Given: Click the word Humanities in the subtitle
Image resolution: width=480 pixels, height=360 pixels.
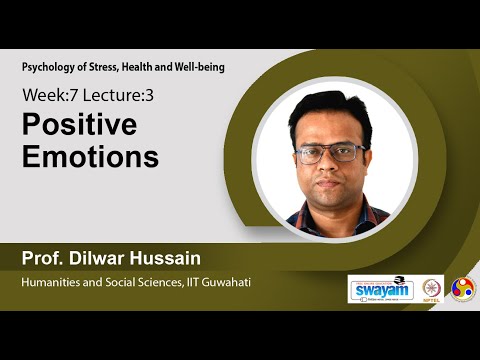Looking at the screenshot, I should click(x=53, y=282).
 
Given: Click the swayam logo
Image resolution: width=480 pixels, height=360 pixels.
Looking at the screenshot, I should click(x=379, y=288).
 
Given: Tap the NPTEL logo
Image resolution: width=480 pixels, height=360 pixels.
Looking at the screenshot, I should click(x=432, y=288).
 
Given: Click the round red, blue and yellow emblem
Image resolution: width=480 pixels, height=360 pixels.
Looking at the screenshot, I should click(x=463, y=288).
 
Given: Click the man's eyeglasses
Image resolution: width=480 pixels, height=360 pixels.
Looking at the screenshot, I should click(x=331, y=153).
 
